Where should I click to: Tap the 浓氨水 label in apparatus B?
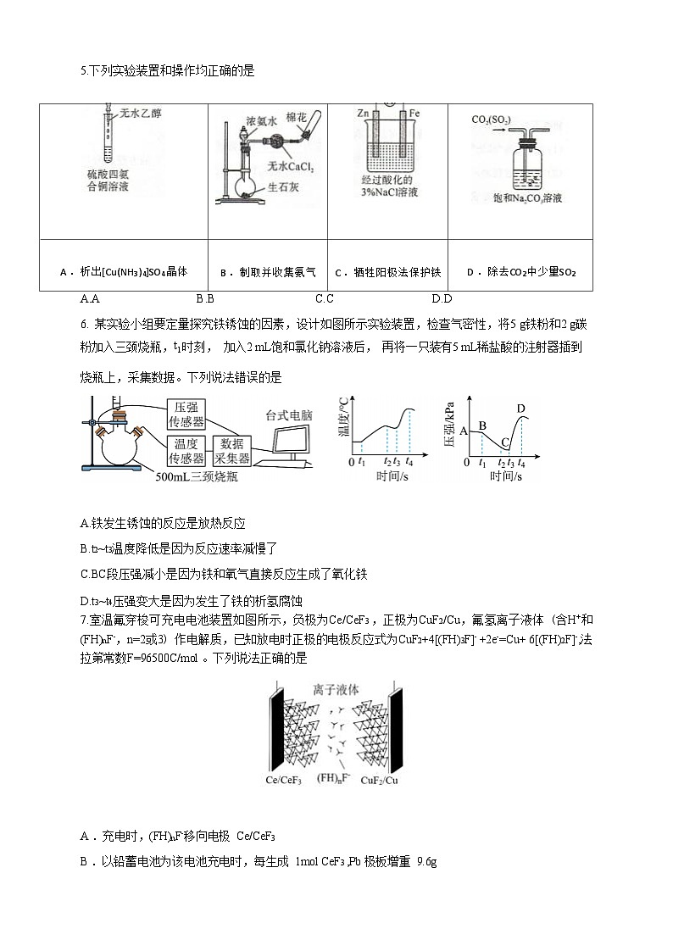tap(262, 120)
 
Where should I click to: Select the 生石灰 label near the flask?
tap(284, 188)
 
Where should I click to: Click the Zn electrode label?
tap(363, 113)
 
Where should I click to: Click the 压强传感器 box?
tap(186, 413)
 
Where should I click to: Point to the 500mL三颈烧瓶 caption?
tap(197, 476)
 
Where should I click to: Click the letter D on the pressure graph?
tap(520, 409)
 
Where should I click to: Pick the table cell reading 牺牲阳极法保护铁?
tap(388, 272)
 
